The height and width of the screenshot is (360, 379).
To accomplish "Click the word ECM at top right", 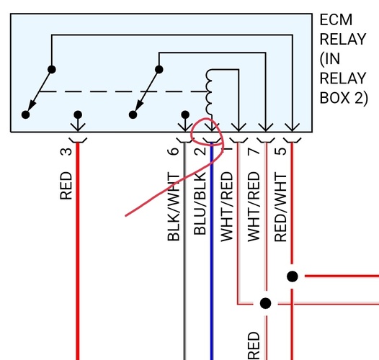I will point(336,20).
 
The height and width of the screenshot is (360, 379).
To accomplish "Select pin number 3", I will point(66,151).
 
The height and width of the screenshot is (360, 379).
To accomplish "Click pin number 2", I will point(200,151).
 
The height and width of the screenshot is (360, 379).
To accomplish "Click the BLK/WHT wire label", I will point(173,207).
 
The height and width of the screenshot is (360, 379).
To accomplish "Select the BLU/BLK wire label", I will point(200,207).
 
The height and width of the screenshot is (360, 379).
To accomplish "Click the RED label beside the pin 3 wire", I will point(66,185).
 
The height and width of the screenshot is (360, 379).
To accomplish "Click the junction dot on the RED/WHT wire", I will point(292,276).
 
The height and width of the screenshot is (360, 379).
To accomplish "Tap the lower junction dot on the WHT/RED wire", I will point(266,303).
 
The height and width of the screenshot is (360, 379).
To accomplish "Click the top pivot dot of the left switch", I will point(52,70).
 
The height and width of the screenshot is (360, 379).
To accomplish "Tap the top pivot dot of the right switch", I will point(159,70).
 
